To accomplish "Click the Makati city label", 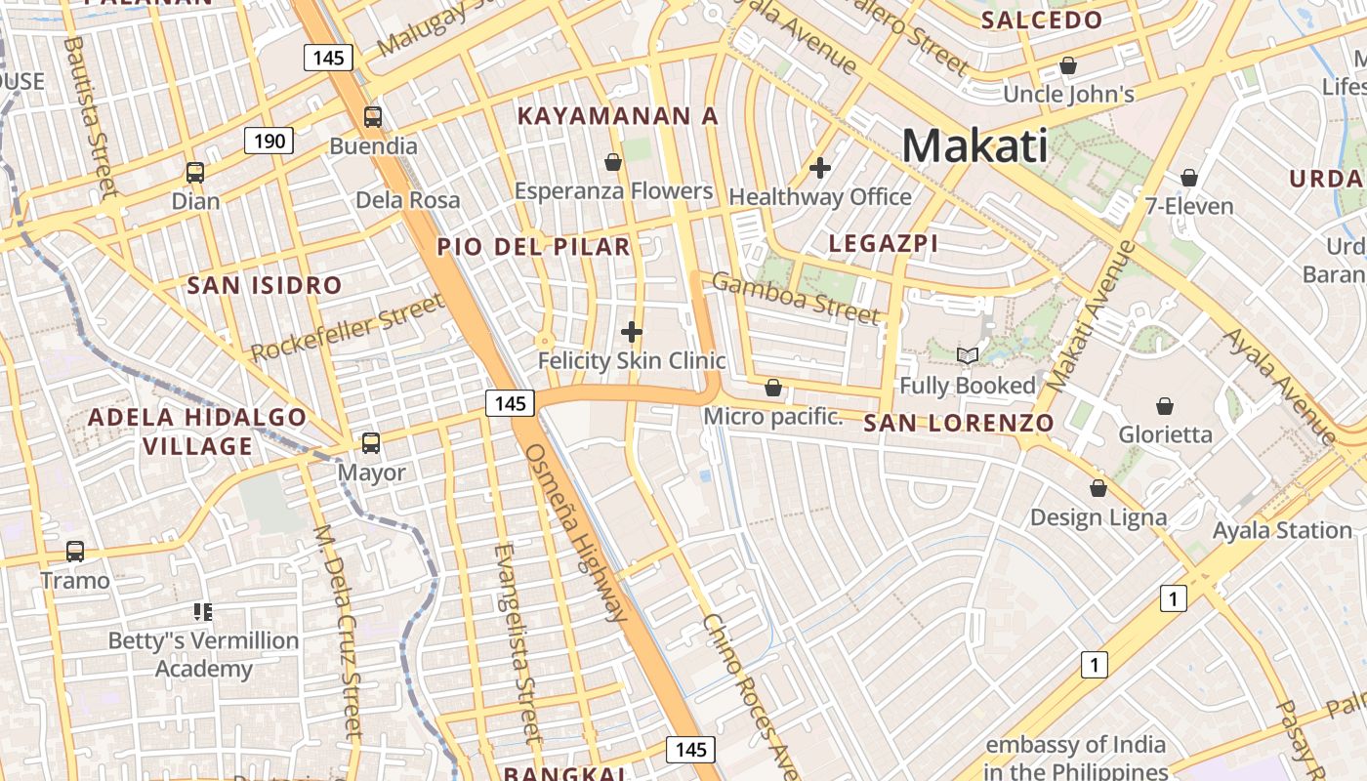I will coord(974,145).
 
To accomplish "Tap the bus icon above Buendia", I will coord(372,117).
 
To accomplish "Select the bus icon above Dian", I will coord(195,173).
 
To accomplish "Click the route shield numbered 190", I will coord(269,142).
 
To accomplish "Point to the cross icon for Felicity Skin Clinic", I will coord(632,333).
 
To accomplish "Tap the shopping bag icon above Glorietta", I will coord(1164,405).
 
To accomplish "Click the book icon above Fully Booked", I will coord(967,356).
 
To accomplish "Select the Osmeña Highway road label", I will coord(576,533).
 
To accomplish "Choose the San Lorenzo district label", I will coord(959,423).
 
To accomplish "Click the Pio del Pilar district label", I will coord(533,247).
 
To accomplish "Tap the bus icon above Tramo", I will coord(75,552).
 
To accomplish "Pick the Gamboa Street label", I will coord(795,298).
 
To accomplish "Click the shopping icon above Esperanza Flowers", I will coord(613,162).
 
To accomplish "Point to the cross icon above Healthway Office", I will coord(820,168).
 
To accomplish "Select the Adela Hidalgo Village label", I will coord(198,432).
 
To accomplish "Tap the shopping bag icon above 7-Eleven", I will coord(1189,178).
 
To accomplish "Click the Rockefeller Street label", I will coord(348,330).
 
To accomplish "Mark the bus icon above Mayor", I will coord(371,443).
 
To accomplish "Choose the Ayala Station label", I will coord(1281,530).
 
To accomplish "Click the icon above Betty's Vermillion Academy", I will coord(203,612).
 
